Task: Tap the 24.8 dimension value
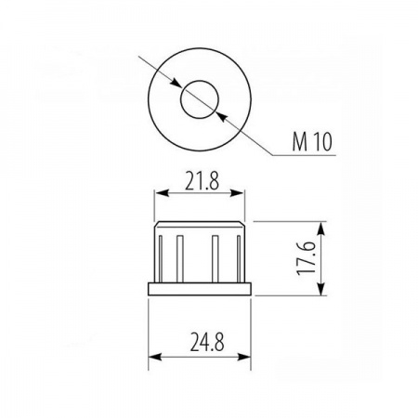click(203, 345)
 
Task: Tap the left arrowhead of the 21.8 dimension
click(160, 194)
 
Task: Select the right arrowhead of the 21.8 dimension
click(245, 194)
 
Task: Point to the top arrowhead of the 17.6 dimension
click(321, 227)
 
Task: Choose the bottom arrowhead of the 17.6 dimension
click(321, 290)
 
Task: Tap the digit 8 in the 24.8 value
click(221, 345)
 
